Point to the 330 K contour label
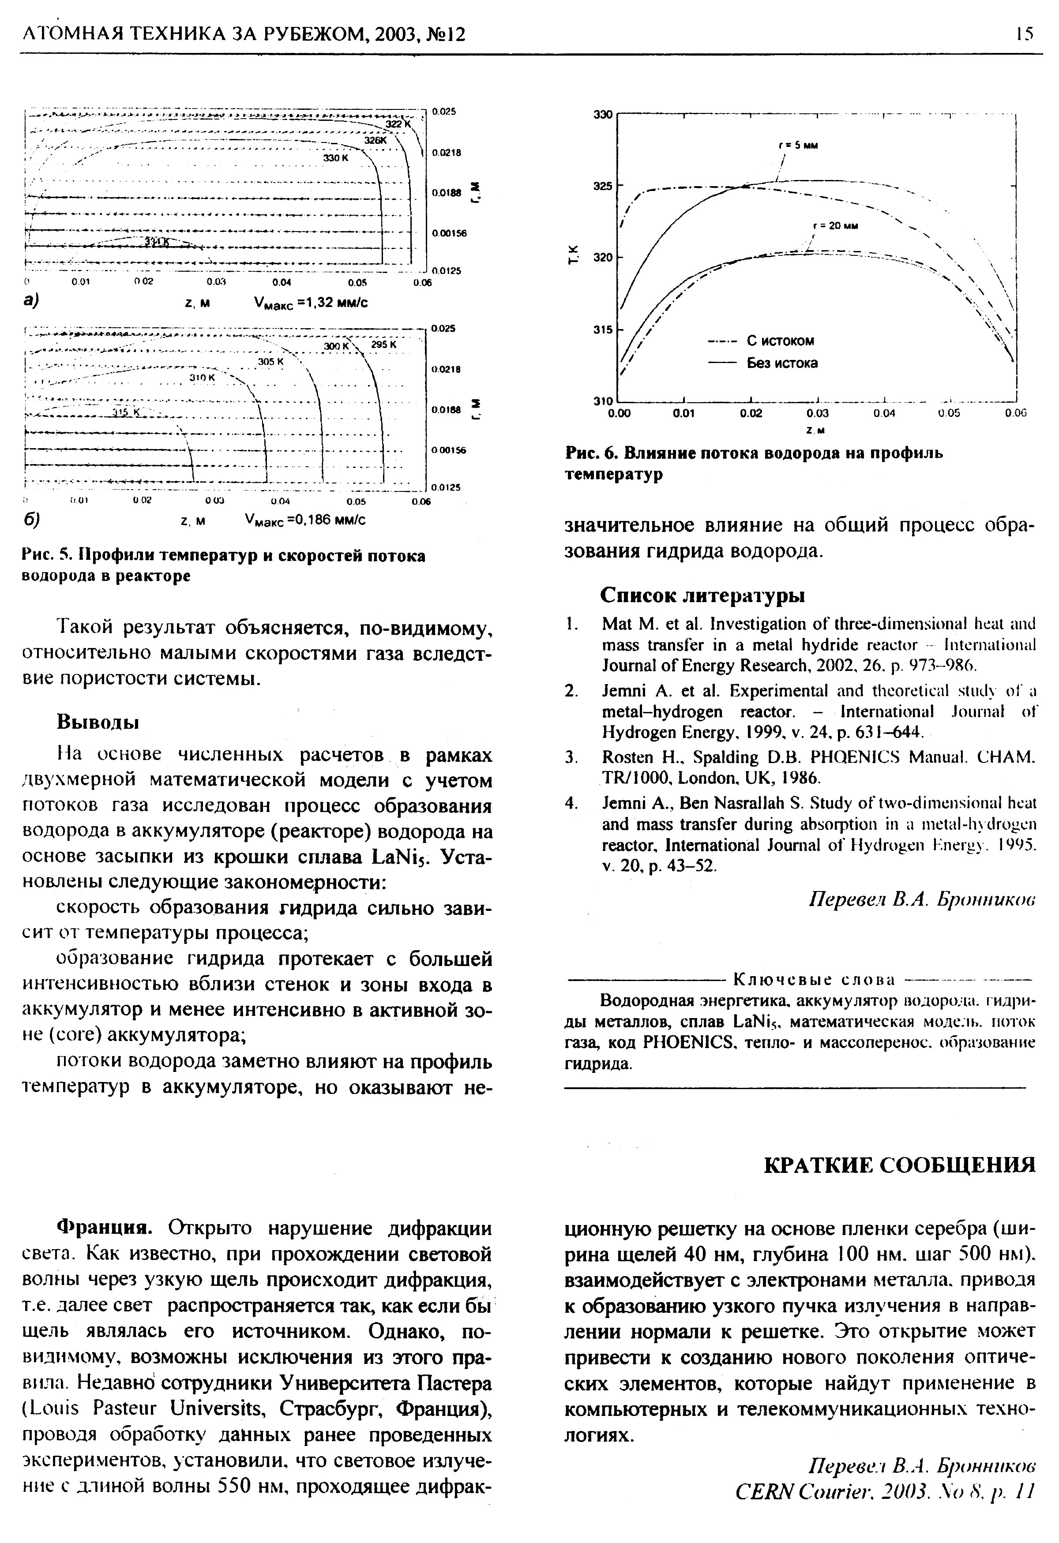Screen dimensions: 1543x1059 pyautogui.click(x=336, y=158)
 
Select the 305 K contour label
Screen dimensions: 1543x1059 pyautogui.click(x=270, y=362)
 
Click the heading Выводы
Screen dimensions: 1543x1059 pyautogui.click(x=98, y=722)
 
